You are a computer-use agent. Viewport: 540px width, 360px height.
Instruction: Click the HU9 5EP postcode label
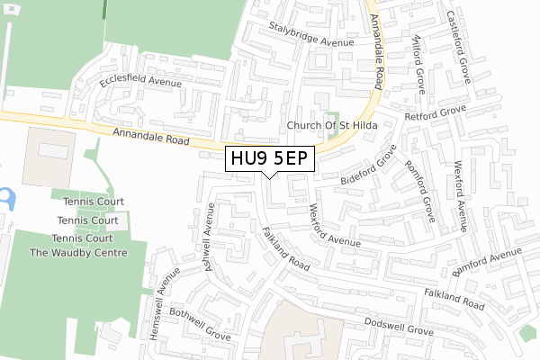pos(269,159)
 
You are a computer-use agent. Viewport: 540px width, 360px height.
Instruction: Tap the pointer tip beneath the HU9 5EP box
pos(269,177)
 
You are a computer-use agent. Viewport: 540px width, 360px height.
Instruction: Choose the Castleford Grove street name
pos(458,44)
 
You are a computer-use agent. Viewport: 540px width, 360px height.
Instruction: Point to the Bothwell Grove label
pos(194,319)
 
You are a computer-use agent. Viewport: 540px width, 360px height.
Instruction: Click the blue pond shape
pos(6,197)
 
